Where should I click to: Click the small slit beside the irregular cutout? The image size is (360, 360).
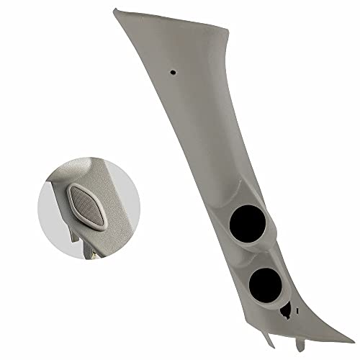tap(296, 306)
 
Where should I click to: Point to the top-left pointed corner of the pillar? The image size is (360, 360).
tap(115, 8)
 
